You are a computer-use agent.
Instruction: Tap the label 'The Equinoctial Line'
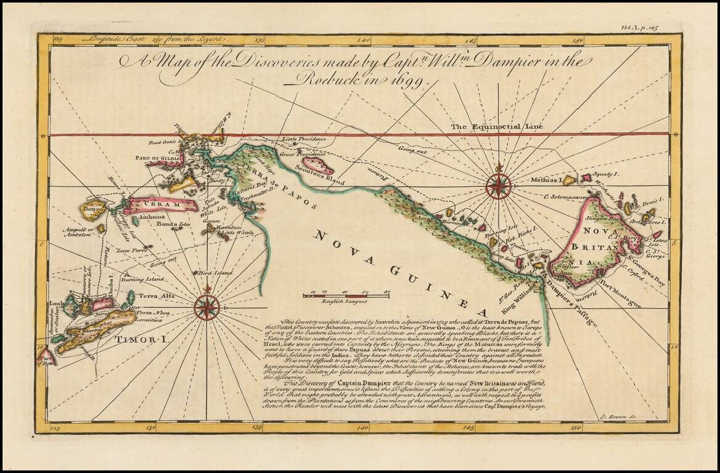click(x=497, y=127)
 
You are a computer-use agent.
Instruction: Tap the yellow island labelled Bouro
click(x=92, y=209)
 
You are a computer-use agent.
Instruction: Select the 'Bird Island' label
click(x=215, y=272)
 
